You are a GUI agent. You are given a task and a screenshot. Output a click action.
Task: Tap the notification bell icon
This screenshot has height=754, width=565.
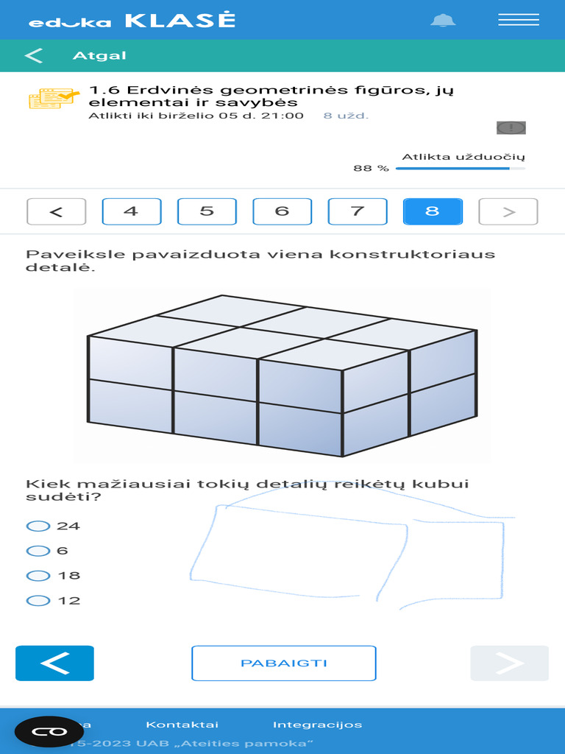443,20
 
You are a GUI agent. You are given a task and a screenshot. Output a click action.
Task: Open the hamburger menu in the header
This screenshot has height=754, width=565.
519,20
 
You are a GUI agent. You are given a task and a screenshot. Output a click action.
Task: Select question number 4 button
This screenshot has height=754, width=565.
131,211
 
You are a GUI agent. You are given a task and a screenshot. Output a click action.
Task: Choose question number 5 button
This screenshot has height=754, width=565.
207,211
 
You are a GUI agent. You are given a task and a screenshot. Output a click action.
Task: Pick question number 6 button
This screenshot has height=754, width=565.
282,211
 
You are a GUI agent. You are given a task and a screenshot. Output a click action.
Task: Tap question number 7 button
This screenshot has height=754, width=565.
358,211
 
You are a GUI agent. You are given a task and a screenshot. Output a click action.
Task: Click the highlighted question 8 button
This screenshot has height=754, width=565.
433,211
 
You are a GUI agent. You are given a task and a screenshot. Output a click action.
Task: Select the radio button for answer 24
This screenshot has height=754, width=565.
37,526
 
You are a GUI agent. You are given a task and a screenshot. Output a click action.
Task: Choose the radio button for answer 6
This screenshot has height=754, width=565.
37,551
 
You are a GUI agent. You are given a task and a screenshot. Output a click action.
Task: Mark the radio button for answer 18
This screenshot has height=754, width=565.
37,576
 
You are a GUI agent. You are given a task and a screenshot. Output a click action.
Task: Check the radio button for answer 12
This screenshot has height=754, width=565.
37,601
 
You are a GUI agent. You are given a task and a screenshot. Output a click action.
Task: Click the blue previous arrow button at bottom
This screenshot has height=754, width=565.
54,663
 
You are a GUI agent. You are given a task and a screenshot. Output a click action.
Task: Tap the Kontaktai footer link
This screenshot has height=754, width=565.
182,725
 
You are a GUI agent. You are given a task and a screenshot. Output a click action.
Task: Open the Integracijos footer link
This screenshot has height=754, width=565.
317,725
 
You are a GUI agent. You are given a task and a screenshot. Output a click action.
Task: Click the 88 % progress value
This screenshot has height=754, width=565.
371,169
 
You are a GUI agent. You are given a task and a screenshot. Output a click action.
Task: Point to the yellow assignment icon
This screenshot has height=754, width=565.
54,98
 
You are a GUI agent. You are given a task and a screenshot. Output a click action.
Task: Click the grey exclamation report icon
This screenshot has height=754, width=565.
511,127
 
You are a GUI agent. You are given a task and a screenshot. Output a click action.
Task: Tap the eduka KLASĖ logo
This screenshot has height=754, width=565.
132,21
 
